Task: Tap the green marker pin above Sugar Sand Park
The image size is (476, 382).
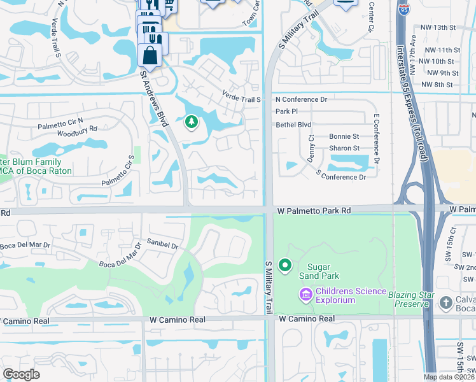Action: pyautogui.click(x=285, y=264)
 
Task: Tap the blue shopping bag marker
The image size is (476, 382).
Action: pyautogui.click(x=150, y=55)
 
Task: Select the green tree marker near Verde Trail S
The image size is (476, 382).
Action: pyautogui.click(x=190, y=122)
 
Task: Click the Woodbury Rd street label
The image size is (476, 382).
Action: pyautogui.click(x=77, y=129)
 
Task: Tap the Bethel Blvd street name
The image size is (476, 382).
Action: pyautogui.click(x=293, y=125)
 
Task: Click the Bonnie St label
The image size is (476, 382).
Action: pyautogui.click(x=344, y=137)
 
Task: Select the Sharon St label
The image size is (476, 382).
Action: pyautogui.click(x=344, y=148)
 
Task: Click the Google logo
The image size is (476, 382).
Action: pyautogui.click(x=21, y=374)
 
